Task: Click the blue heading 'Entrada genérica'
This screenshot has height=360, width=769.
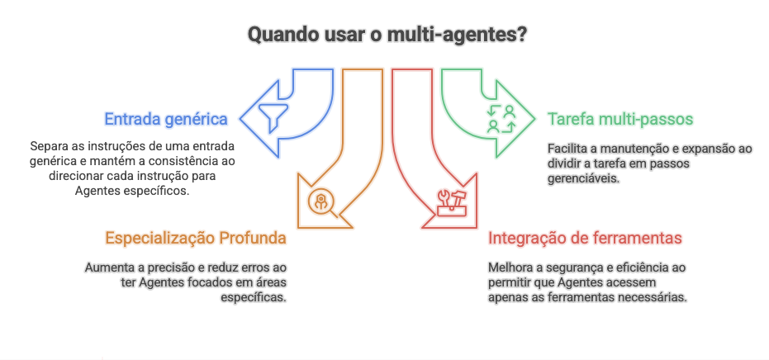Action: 166,118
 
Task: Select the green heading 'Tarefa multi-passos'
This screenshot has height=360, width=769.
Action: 620,118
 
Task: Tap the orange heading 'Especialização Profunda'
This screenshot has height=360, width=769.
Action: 196,238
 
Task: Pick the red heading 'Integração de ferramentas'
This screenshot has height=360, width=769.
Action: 585,238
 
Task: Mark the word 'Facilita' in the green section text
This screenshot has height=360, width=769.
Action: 567,149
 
